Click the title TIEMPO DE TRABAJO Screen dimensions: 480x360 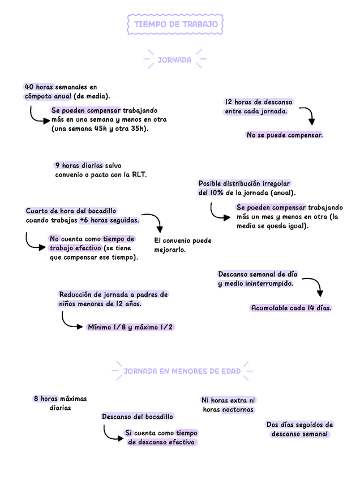(x=175, y=24)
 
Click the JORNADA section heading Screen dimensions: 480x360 (x=174, y=59)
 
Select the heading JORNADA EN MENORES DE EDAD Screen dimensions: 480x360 (x=182, y=371)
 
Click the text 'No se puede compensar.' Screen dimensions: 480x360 (x=284, y=135)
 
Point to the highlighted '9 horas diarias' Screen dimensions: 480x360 (x=79, y=165)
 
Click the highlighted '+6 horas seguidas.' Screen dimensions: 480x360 (x=109, y=220)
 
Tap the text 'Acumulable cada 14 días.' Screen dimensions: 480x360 (x=291, y=308)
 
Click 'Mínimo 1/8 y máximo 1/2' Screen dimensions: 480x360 (x=130, y=327)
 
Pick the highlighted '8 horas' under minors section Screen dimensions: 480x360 (x=45, y=398)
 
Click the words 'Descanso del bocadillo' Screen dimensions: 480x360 (x=138, y=417)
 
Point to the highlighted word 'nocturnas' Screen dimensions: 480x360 (x=238, y=409)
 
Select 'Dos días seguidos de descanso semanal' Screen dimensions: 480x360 (x=299, y=429)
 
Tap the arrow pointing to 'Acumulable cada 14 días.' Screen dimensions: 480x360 (x=315, y=285)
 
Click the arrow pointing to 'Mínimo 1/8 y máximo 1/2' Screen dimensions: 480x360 (x=71, y=321)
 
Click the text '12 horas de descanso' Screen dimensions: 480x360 (x=259, y=102)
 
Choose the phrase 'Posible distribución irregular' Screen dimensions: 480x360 (x=244, y=183)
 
